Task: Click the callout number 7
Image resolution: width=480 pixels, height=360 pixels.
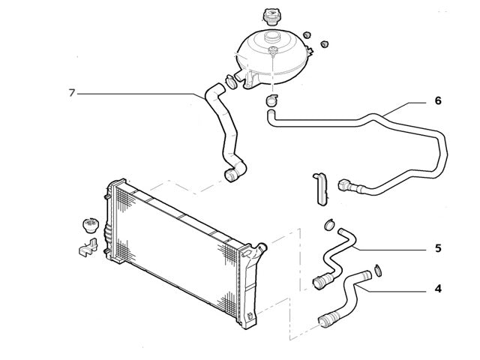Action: point(72,93)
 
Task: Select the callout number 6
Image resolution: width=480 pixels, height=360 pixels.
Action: point(438,100)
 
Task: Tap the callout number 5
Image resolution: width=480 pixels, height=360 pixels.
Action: point(438,248)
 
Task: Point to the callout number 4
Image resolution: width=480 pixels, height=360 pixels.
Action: point(438,289)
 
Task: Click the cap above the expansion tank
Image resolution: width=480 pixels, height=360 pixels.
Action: point(270,16)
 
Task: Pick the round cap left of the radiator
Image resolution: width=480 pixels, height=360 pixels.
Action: point(91,226)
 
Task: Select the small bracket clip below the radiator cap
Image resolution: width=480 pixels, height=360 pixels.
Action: point(88,247)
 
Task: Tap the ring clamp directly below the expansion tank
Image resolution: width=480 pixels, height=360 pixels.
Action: point(271,100)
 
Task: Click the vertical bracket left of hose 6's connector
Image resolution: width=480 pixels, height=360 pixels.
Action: point(320,189)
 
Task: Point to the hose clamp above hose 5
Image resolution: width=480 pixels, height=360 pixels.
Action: point(329,224)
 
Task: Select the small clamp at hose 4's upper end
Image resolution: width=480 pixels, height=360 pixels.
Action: point(378,270)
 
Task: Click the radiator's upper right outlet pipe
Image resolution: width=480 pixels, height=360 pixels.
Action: point(261,247)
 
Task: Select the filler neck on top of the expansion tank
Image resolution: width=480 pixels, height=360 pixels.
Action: point(271,37)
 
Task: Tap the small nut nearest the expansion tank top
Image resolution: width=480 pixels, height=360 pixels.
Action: point(307,34)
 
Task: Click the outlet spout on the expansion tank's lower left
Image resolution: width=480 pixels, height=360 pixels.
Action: point(241,76)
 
